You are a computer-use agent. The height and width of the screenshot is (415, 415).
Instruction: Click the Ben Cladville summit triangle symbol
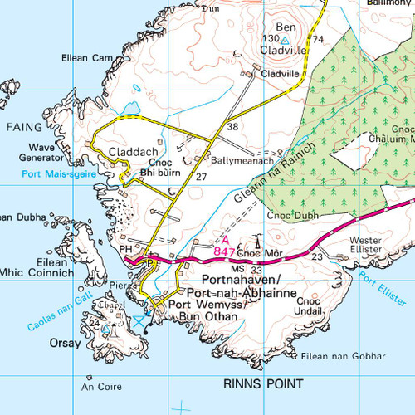(285, 39)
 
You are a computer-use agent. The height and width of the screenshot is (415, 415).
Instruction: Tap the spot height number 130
(269, 39)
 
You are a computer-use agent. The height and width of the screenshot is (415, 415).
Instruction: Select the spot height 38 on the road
(233, 127)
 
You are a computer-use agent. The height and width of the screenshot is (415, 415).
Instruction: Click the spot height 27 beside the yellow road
(202, 177)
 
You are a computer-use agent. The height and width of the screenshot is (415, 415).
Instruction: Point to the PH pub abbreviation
(125, 247)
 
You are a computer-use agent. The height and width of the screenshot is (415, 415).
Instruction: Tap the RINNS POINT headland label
(258, 383)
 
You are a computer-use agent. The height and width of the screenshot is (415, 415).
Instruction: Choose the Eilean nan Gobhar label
(344, 355)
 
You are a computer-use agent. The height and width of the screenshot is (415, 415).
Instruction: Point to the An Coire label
(96, 386)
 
